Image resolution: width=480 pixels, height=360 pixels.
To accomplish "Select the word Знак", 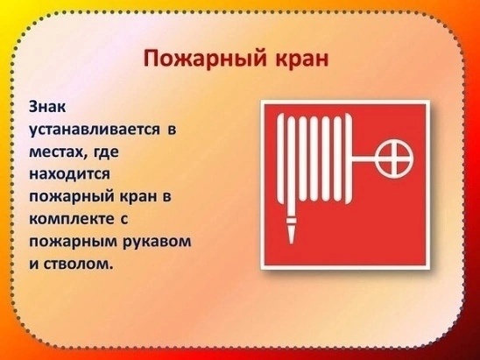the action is coord(47,108).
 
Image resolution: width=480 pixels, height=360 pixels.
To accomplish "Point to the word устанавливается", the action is coord(95,130).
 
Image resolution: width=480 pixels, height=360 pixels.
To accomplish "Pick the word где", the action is coord(102,152).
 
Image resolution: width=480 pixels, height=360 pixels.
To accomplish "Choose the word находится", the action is coord(69,174).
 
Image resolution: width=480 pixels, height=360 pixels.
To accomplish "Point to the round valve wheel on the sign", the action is coord(396,158).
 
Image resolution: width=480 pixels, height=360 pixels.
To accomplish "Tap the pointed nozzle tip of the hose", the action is coord(291,242).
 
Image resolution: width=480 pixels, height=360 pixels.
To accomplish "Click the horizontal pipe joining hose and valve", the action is coord(365,158).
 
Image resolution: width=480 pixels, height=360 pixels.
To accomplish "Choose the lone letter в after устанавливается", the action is coord(172,130).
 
